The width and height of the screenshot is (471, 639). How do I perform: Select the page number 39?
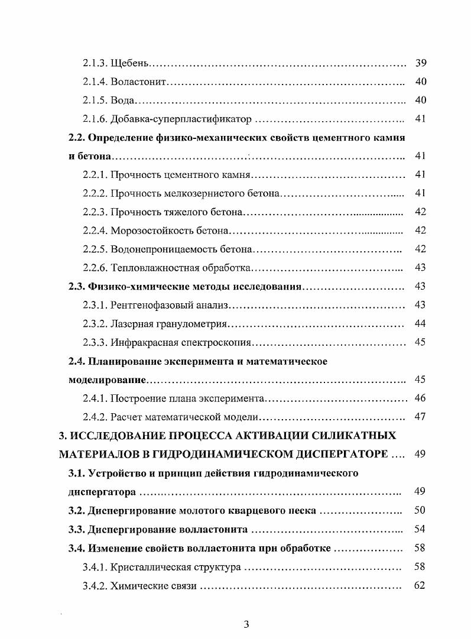point(421,62)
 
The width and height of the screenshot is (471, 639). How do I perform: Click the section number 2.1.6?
point(95,119)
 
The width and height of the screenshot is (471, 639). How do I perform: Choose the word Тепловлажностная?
point(148,268)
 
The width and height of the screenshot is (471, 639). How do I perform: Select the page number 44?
point(421,323)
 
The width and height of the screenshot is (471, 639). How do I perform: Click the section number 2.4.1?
point(95,398)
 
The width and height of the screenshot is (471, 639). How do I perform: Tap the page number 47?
point(421,417)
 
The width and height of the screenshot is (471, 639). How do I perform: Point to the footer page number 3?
point(246,625)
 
